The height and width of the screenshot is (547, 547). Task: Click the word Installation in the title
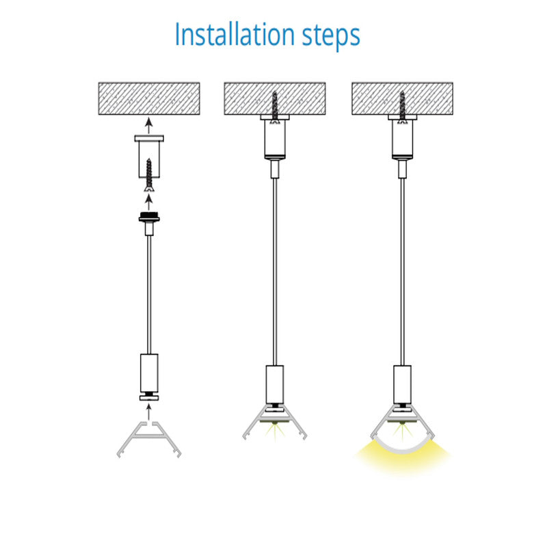pyautogui.click(x=235, y=34)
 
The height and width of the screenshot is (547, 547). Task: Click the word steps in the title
pyautogui.click(x=331, y=36)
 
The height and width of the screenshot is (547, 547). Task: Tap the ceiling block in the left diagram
pyautogui.click(x=149, y=98)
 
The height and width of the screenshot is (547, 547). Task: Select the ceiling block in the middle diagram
pyautogui.click(x=275, y=98)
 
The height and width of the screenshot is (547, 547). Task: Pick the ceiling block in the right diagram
pyautogui.click(x=402, y=98)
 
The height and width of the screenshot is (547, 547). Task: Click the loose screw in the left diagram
pyautogui.click(x=149, y=175)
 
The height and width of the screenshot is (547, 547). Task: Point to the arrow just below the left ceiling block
pyautogui.click(x=149, y=126)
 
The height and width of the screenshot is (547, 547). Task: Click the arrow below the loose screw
pyautogui.click(x=149, y=202)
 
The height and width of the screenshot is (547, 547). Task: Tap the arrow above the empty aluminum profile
pyautogui.click(x=149, y=412)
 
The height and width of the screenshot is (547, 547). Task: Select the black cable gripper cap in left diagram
pyautogui.click(x=149, y=217)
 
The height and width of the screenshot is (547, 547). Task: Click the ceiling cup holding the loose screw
pyautogui.click(x=149, y=157)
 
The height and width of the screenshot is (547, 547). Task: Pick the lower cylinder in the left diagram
pyautogui.click(x=149, y=373)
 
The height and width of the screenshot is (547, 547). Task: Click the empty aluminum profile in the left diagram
pyautogui.click(x=149, y=440)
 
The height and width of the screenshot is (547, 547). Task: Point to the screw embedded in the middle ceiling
pyautogui.click(x=275, y=107)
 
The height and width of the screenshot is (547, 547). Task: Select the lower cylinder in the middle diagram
pyautogui.click(x=275, y=384)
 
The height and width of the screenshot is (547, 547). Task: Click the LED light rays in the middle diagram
pyautogui.click(x=275, y=431)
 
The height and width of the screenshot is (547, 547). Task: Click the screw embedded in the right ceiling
pyautogui.click(x=402, y=107)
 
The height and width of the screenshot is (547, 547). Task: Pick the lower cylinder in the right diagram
pyautogui.click(x=402, y=384)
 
